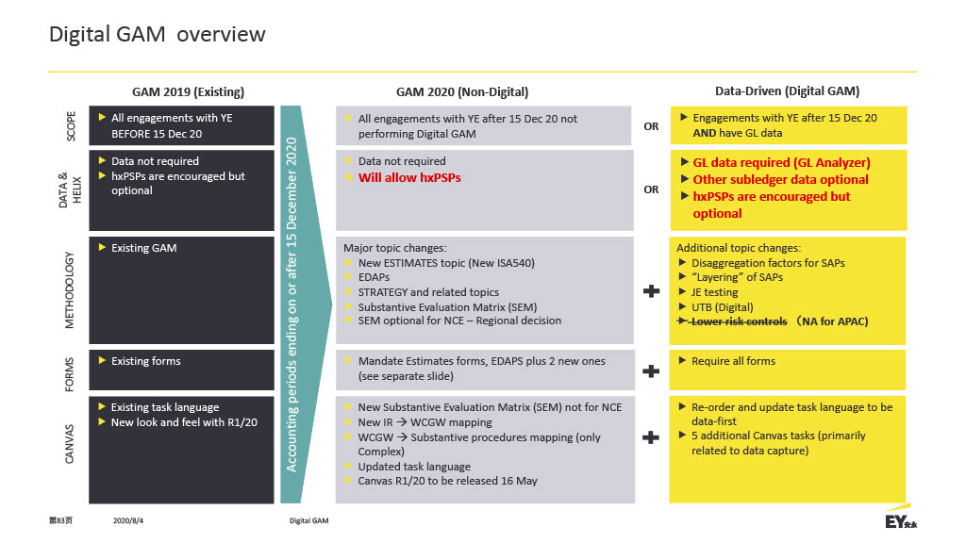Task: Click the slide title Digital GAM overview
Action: point(158,35)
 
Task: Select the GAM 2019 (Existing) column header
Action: point(188,91)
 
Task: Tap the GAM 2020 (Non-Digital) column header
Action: point(462,91)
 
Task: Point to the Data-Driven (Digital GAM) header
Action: point(787,91)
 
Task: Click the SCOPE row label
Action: point(71,125)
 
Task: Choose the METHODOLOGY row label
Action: point(69,289)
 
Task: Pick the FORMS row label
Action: point(69,374)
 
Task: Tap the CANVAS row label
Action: point(69,443)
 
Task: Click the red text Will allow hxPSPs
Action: point(409,177)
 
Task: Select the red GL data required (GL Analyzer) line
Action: point(781,162)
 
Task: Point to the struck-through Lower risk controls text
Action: point(739,321)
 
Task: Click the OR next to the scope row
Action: point(651,126)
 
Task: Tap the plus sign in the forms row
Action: point(651,371)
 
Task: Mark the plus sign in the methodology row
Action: point(651,291)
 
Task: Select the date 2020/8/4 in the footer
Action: point(128,520)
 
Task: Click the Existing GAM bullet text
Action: point(143,248)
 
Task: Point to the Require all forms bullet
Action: point(733,361)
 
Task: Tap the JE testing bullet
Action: point(714,292)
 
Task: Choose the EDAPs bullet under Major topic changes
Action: point(374,278)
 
